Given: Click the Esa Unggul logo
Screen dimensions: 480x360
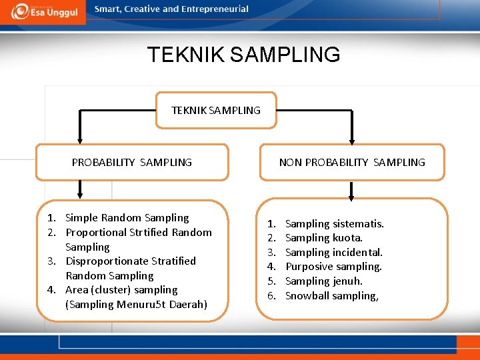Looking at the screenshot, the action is click(43, 11).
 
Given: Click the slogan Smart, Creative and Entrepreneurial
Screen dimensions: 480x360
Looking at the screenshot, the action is click(171, 9).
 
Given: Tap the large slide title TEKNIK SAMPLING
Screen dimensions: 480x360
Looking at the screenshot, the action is click(243, 54).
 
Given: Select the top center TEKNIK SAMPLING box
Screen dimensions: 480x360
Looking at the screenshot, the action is click(216, 110).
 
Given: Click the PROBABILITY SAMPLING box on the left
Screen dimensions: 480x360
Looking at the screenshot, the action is click(132, 162).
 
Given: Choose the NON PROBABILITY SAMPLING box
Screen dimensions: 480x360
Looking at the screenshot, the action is click(352, 162).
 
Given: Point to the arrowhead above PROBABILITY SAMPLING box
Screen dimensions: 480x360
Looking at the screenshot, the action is click(80, 138).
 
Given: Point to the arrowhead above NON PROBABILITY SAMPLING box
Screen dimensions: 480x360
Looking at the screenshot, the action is click(352, 138).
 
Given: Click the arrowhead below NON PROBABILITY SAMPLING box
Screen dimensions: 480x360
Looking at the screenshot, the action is click(352, 195).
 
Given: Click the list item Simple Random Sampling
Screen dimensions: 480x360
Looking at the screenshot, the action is click(127, 217).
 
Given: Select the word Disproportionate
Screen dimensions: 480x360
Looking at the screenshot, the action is click(103, 261).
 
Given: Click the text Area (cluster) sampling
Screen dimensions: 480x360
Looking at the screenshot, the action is click(121, 289).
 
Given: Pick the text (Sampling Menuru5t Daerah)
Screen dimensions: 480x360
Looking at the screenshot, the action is click(136, 304).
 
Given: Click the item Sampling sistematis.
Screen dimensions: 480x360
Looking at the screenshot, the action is click(334, 224).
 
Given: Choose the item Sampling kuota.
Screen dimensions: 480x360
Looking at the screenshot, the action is click(324, 238).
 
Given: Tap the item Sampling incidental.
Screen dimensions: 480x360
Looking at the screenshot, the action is click(334, 252).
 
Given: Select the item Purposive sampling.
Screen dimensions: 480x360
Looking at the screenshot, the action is click(333, 267).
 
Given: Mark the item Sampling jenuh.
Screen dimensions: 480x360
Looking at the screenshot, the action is click(324, 281).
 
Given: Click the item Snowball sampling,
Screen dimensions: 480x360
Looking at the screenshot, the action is click(332, 295).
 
